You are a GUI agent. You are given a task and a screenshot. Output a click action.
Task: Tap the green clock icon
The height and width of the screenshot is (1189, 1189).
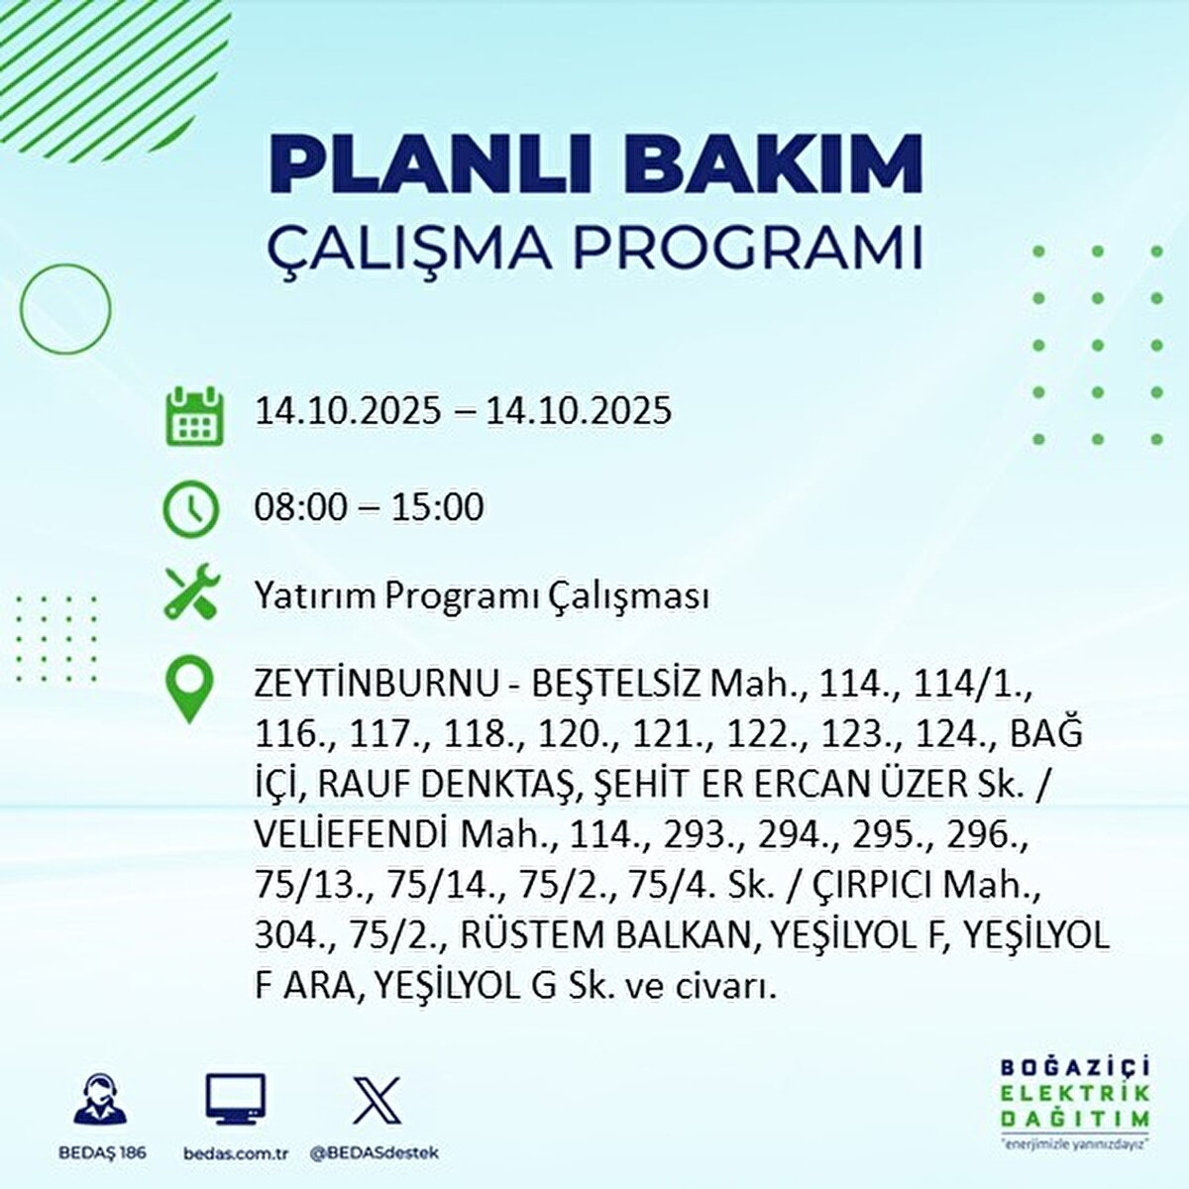[x=190, y=508]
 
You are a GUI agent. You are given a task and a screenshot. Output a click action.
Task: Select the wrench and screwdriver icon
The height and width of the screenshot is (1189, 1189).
[x=191, y=594]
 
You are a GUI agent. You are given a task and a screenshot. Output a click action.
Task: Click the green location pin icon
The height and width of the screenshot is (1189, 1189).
[x=188, y=690]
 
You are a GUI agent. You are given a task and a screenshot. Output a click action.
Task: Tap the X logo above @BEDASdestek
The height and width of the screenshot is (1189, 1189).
[x=377, y=1100]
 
